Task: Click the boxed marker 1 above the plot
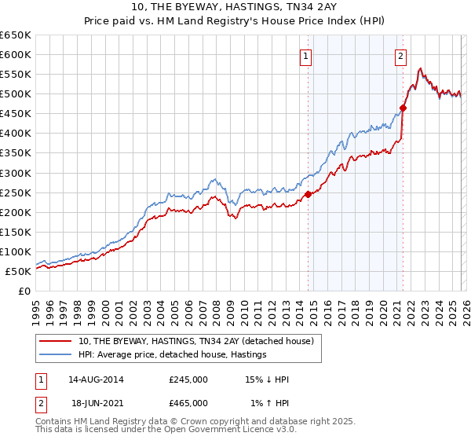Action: point(305,56)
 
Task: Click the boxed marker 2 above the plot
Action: point(400,56)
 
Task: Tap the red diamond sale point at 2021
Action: point(403,108)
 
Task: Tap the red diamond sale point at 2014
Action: point(308,194)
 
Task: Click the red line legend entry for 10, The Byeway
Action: point(196,341)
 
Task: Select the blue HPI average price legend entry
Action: point(173,354)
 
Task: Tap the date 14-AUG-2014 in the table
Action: point(96,379)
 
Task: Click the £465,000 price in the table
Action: point(188,403)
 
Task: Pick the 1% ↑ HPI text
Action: point(268,403)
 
